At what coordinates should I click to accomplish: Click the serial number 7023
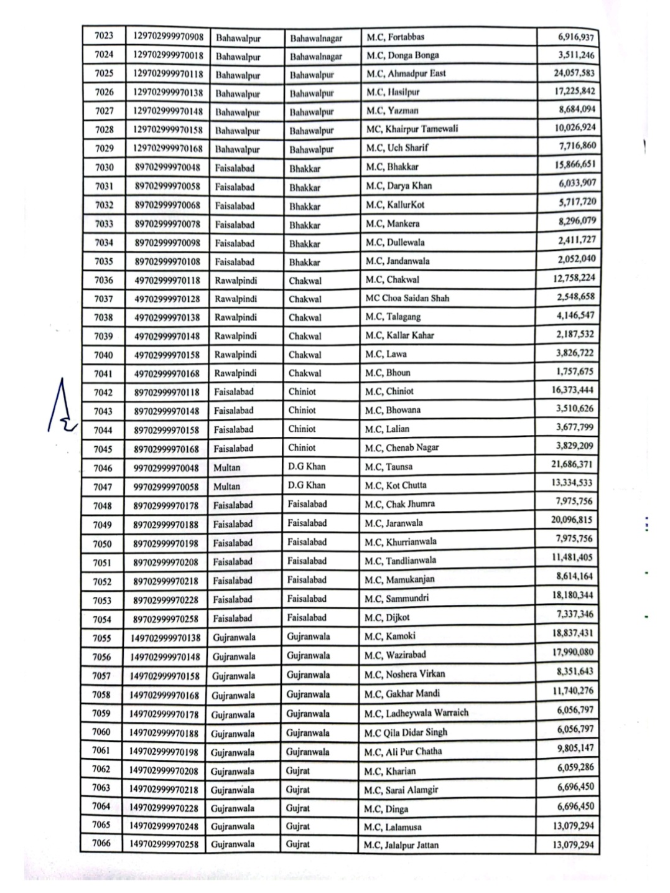104,37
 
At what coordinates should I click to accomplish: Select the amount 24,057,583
574,73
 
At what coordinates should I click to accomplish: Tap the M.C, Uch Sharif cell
397,148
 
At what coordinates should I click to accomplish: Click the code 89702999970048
167,167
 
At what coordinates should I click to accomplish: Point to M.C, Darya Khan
398,186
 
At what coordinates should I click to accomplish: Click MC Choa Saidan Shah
407,298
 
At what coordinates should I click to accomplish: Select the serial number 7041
103,374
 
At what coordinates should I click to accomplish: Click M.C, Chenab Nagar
402,448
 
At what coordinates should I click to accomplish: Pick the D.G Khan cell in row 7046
307,467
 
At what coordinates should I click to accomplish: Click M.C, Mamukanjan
399,579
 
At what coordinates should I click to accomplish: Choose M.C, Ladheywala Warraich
416,713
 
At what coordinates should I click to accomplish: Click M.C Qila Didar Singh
406,732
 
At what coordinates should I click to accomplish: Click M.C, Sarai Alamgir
401,790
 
